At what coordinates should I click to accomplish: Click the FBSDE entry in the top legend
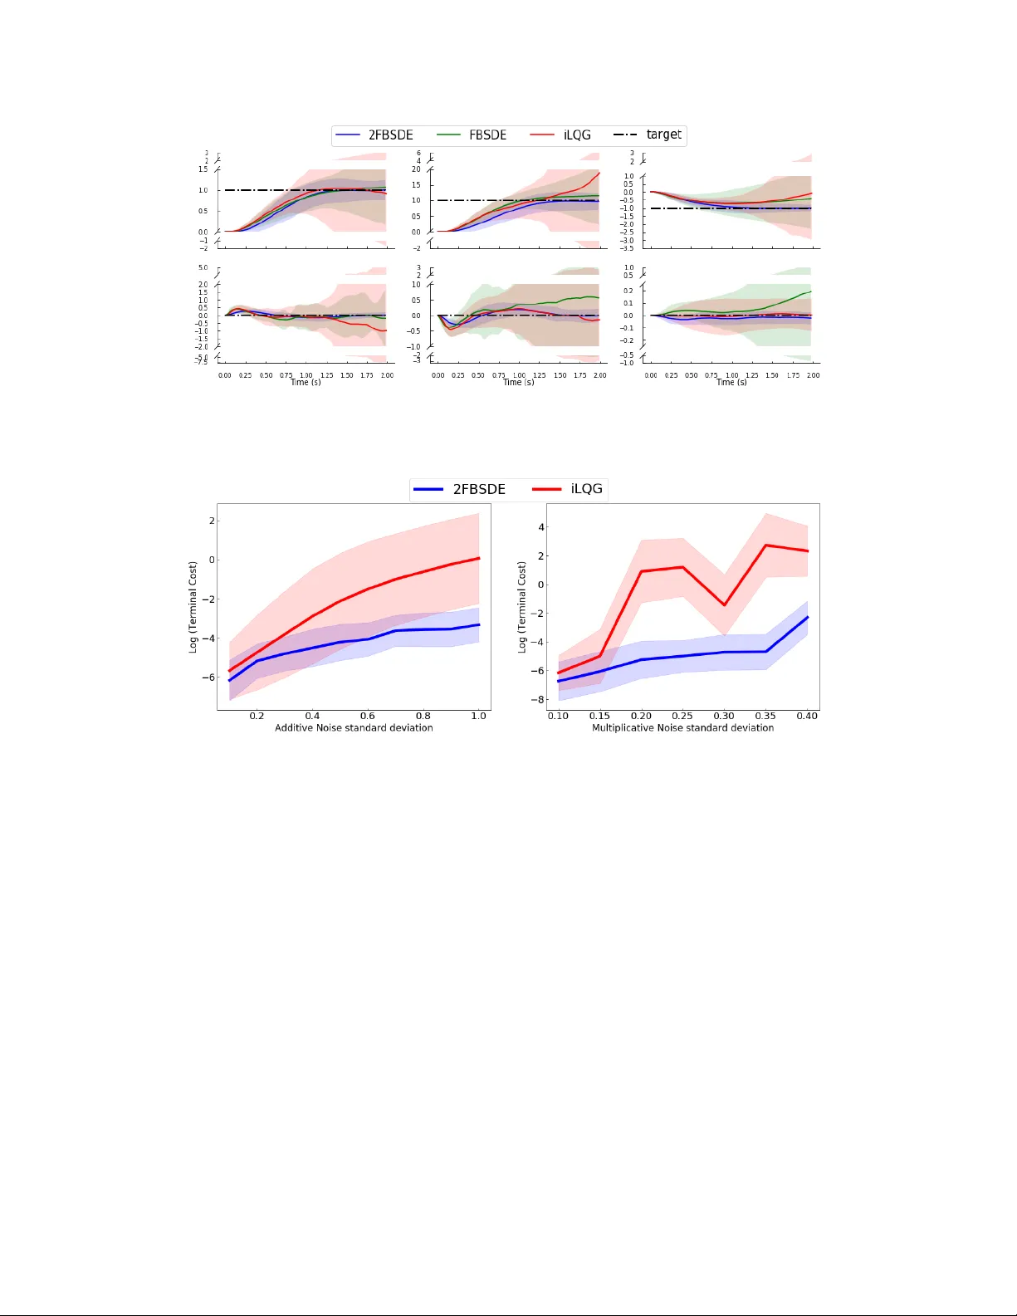click(x=487, y=135)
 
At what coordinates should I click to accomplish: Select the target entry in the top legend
click(x=663, y=135)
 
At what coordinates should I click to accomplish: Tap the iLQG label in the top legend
click(x=577, y=135)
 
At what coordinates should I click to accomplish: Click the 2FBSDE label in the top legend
click(x=390, y=135)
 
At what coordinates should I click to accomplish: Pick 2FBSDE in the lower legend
click(x=478, y=489)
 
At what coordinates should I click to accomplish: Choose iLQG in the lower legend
click(x=586, y=489)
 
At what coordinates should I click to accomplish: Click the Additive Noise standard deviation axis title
click(x=354, y=728)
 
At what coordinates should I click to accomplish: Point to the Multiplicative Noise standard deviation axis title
click(x=682, y=728)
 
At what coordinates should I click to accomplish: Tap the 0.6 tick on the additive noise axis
click(x=368, y=716)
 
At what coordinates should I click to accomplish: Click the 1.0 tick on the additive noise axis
click(x=479, y=716)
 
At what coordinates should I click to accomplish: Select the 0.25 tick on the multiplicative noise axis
click(x=682, y=716)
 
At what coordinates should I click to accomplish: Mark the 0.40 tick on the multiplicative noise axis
click(x=807, y=716)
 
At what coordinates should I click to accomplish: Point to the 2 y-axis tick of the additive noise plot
click(x=212, y=521)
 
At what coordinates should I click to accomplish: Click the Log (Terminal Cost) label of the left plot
click(x=193, y=607)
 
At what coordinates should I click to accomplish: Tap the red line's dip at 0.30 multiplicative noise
click(x=724, y=605)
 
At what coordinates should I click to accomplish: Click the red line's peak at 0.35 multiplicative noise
click(x=765, y=545)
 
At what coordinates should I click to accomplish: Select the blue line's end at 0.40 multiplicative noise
click(x=808, y=617)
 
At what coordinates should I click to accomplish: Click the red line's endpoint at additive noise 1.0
click(x=479, y=558)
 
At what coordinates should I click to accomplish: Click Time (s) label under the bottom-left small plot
click(x=306, y=383)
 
